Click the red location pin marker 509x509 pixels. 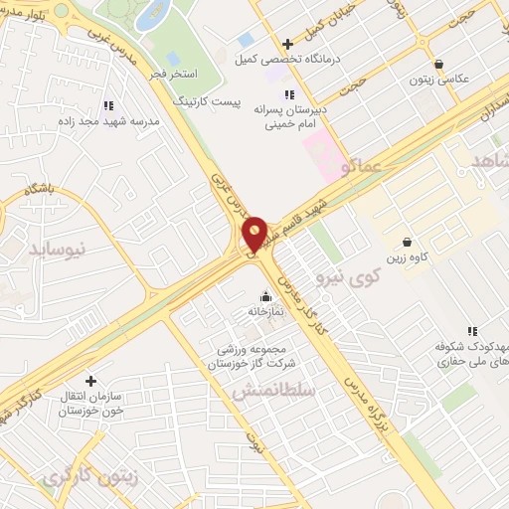coord(254,233)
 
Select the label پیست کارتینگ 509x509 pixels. coord(206,101)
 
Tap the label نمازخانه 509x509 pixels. coord(265,311)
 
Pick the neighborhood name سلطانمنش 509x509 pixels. coord(273,393)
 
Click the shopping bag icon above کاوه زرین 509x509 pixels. coord(408,242)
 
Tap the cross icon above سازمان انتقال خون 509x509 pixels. coord(90,381)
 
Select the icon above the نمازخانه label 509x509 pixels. coord(265,295)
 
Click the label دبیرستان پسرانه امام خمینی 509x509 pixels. coord(289,115)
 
